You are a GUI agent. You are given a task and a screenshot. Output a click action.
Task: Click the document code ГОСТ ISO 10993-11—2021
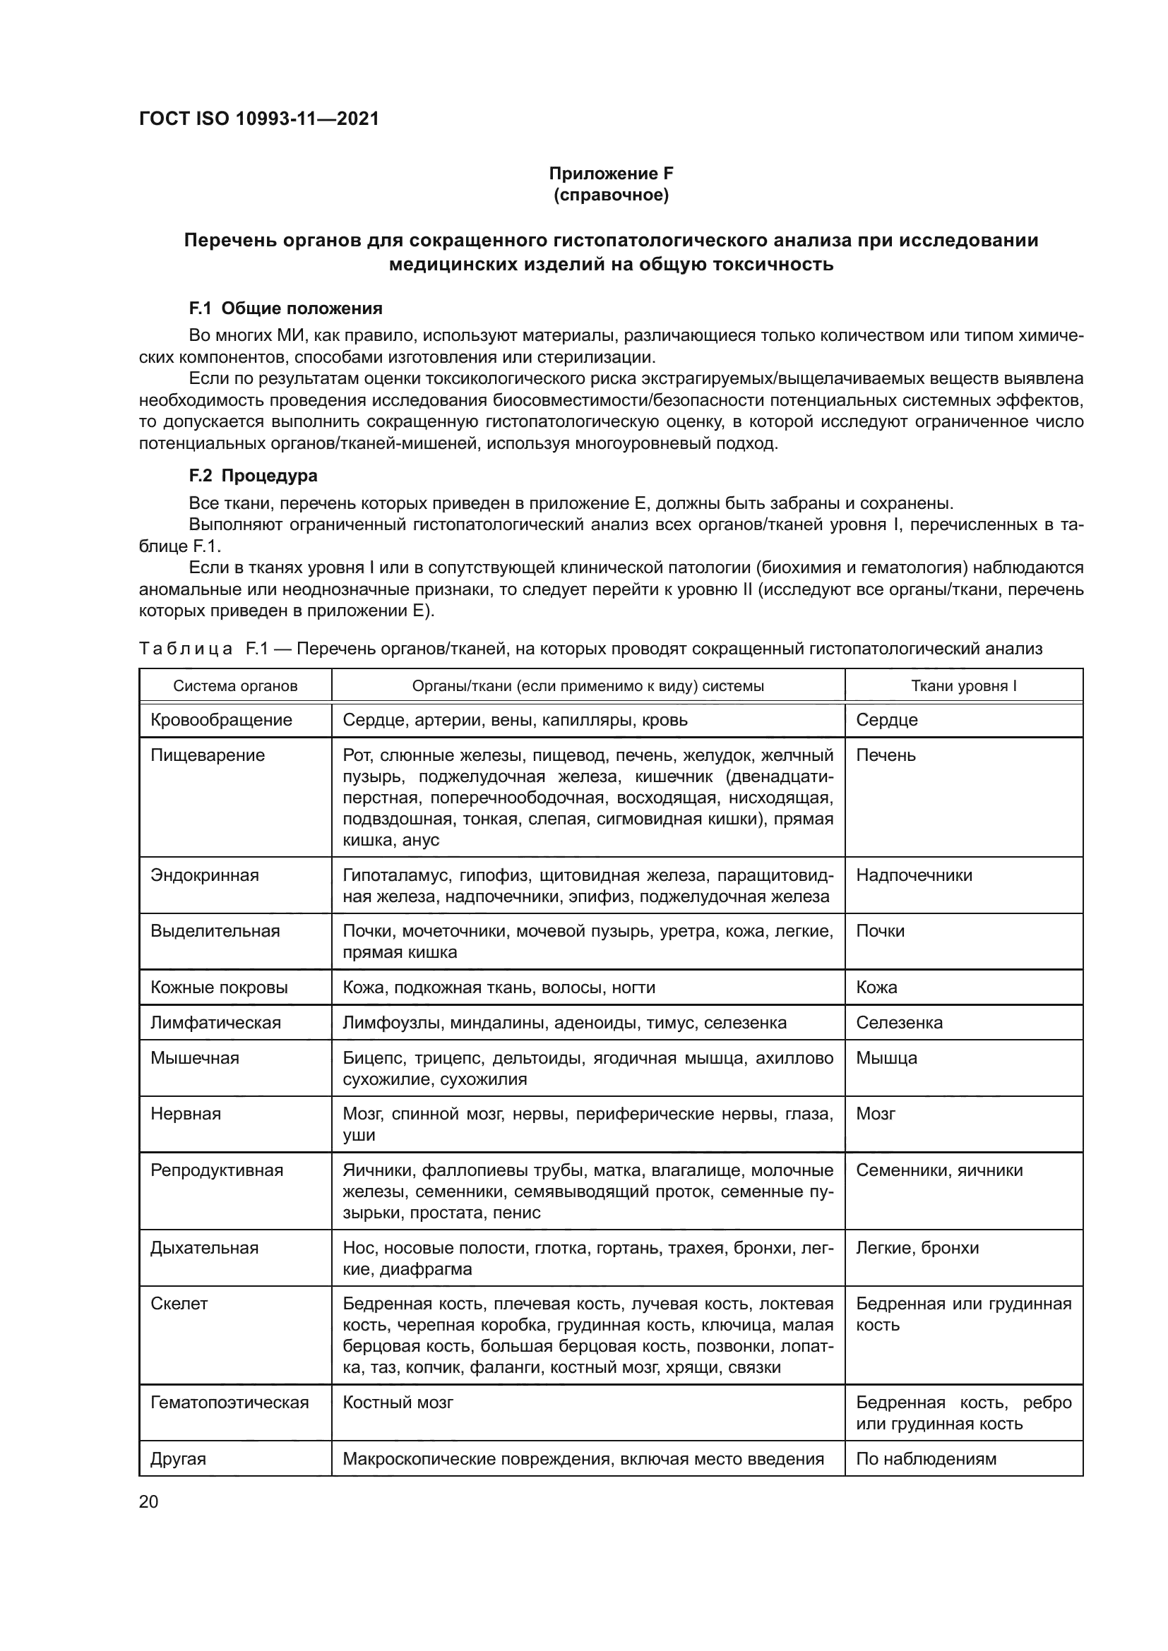tap(259, 119)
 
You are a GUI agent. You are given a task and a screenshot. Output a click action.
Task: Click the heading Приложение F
tap(611, 174)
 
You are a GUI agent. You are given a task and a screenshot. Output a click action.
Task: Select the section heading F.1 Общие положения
tap(285, 308)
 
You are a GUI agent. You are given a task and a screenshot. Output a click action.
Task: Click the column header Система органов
tap(235, 686)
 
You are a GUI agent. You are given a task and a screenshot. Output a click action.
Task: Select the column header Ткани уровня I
tap(963, 686)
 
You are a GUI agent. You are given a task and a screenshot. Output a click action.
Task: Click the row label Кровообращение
tap(222, 720)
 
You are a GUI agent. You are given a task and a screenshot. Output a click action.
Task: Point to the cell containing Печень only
tap(886, 755)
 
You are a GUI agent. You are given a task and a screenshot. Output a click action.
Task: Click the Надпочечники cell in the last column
tap(913, 875)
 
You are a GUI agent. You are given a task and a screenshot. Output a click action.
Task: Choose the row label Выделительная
tap(215, 931)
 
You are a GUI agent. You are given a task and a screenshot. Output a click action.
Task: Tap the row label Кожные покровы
tap(220, 987)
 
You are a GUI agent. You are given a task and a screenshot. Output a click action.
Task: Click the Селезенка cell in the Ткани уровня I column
tap(899, 1023)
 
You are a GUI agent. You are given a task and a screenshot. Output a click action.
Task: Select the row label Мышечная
tap(195, 1058)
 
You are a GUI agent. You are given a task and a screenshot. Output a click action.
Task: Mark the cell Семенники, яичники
tap(938, 1170)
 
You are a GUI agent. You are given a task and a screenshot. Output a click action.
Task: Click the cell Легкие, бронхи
tap(917, 1247)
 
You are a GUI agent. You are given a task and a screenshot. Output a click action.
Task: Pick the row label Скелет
tap(179, 1304)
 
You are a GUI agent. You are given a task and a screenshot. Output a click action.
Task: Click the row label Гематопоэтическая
tap(230, 1403)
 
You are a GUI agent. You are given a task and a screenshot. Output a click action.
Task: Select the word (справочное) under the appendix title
tap(611, 196)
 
